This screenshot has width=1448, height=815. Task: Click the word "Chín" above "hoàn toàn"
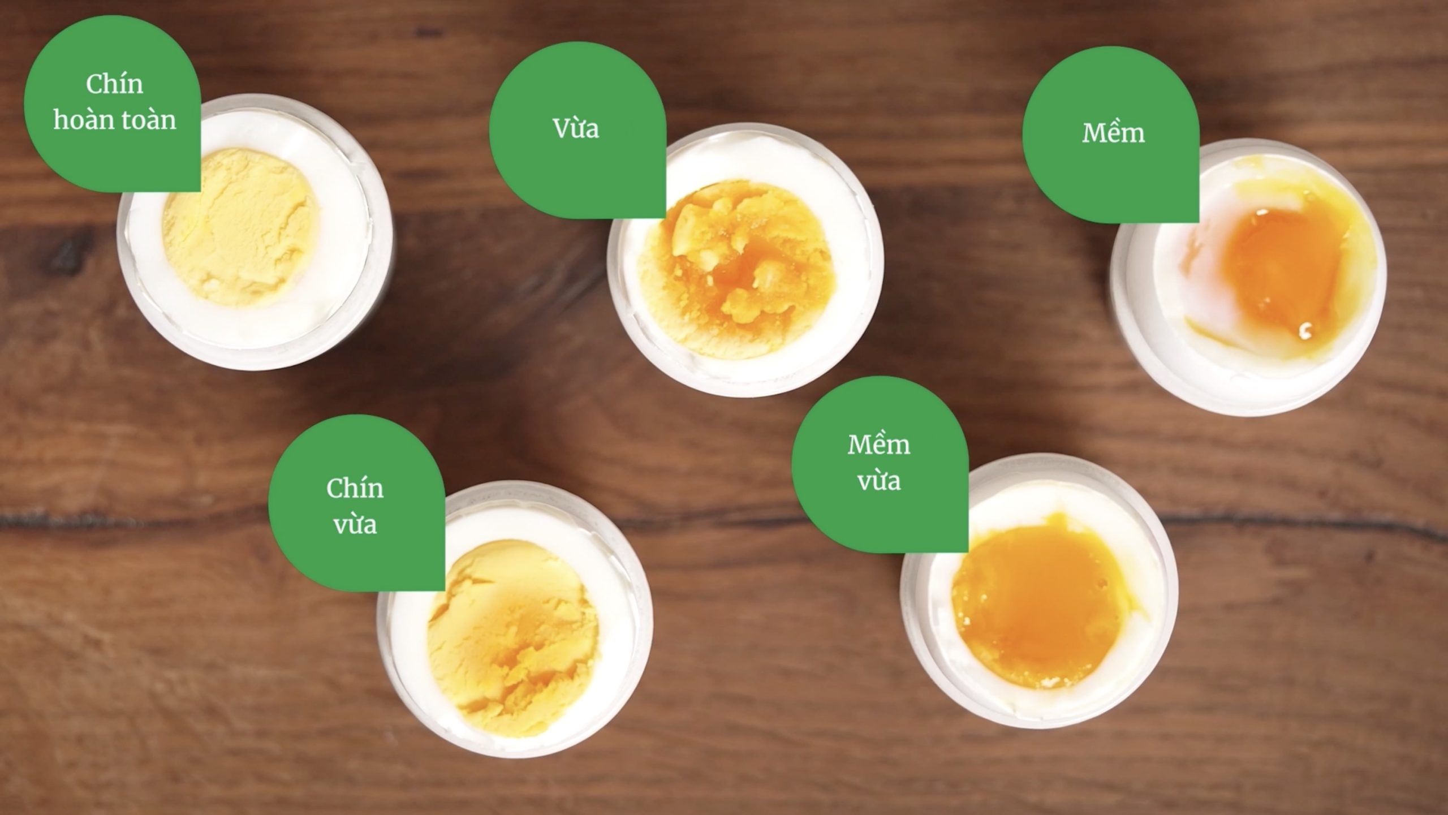click(114, 84)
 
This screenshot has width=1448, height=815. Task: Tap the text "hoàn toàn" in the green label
click(114, 120)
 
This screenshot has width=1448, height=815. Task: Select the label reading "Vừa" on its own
click(576, 128)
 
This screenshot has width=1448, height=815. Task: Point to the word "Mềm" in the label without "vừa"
click(1113, 133)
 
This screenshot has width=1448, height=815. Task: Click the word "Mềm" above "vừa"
click(879, 446)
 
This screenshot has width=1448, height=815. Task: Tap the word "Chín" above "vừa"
click(355, 489)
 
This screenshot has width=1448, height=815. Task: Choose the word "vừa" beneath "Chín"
click(355, 524)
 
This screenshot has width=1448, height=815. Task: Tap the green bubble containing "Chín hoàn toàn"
click(113, 104)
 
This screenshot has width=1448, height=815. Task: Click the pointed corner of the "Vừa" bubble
click(664, 217)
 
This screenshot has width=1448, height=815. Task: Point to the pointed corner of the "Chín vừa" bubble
click(443, 590)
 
